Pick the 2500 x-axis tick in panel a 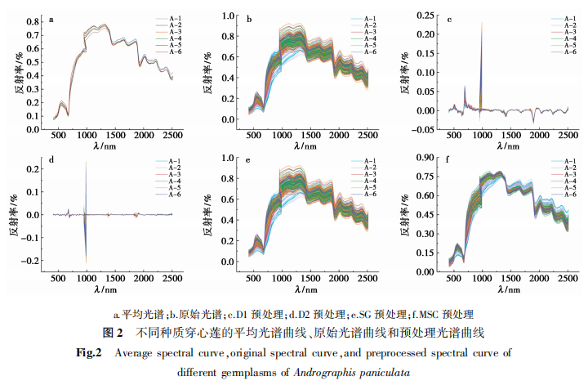tap(171, 134)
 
